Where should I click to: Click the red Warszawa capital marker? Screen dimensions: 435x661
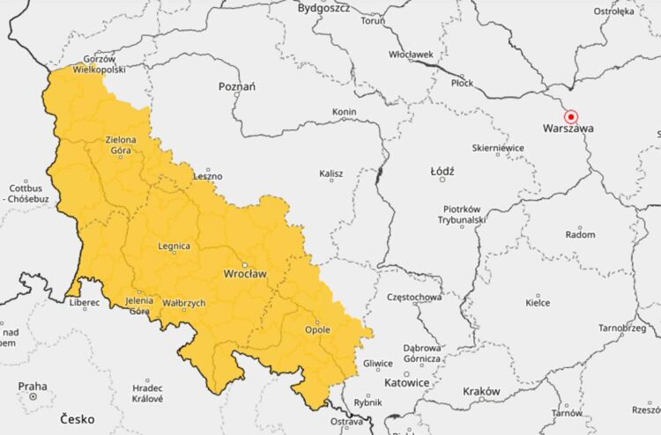tap(570, 116)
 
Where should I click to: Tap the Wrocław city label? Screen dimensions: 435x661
tap(245, 274)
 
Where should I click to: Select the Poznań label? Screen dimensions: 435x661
tap(237, 86)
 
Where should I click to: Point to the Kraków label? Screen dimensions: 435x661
tap(480, 391)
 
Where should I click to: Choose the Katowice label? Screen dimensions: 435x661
tap(406, 383)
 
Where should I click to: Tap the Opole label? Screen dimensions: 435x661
tap(316, 329)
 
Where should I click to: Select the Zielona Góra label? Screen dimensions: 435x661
tap(120, 145)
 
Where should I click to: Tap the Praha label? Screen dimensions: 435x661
tap(32, 386)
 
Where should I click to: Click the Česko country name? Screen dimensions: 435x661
tap(78, 419)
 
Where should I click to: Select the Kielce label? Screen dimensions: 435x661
tap(538, 302)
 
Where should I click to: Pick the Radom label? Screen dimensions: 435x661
tap(580, 235)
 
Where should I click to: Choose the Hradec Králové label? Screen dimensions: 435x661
tap(147, 393)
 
